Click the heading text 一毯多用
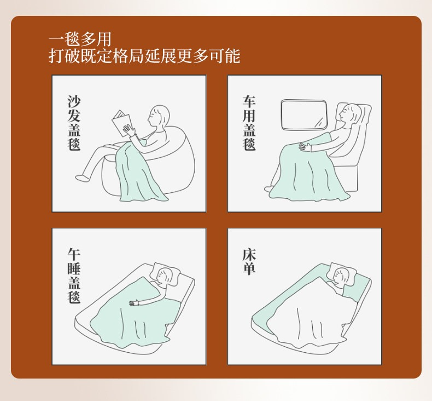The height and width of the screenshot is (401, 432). click(x=80, y=39)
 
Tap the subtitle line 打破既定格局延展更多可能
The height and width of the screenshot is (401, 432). click(x=144, y=56)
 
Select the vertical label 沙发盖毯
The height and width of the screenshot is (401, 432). click(x=74, y=123)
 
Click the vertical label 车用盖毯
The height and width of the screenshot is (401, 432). click(x=249, y=123)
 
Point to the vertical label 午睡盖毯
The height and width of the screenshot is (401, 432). click(x=74, y=276)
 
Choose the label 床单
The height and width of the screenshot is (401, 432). click(x=249, y=262)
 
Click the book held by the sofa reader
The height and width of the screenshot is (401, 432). click(x=122, y=123)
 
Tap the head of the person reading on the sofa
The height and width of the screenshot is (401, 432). click(x=159, y=116)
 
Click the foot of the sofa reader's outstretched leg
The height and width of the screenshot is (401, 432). click(x=82, y=178)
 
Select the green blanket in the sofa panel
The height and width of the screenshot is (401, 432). click(x=138, y=174)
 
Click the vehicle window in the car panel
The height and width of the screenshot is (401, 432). click(x=304, y=114)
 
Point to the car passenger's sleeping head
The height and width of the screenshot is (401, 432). click(x=350, y=113)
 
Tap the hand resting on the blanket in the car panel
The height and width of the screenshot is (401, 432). click(x=305, y=147)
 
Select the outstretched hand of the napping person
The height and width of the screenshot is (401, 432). click(x=135, y=303)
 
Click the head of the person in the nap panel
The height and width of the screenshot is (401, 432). click(x=165, y=276)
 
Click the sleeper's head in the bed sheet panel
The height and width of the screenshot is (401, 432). click(x=341, y=276)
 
